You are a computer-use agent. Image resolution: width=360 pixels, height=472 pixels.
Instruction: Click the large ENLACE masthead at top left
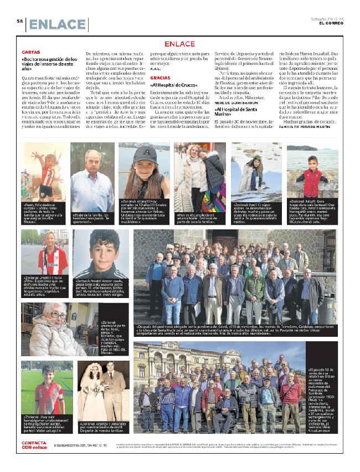57,24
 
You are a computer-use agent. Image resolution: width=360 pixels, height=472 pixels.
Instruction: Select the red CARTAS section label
30,52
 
